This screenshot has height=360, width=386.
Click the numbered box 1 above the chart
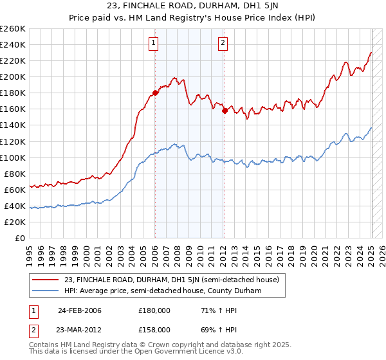tap(154, 43)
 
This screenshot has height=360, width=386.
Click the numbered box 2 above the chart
tap(223, 43)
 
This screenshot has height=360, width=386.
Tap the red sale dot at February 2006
tap(156, 93)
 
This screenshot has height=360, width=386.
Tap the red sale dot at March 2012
tap(225, 111)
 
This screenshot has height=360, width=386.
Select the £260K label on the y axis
tap(13, 28)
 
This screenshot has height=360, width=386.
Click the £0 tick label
tap(19, 238)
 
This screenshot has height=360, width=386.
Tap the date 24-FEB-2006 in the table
tap(79, 310)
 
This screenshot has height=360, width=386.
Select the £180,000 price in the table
tap(154, 310)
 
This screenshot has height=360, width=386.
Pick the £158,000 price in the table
tap(154, 329)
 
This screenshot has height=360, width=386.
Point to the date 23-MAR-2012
tap(79, 329)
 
